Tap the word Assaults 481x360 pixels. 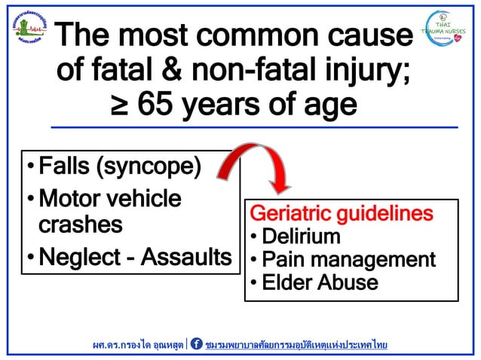(x=188, y=257)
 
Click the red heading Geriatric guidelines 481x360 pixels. (x=342, y=213)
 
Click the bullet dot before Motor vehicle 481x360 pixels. (x=29, y=200)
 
